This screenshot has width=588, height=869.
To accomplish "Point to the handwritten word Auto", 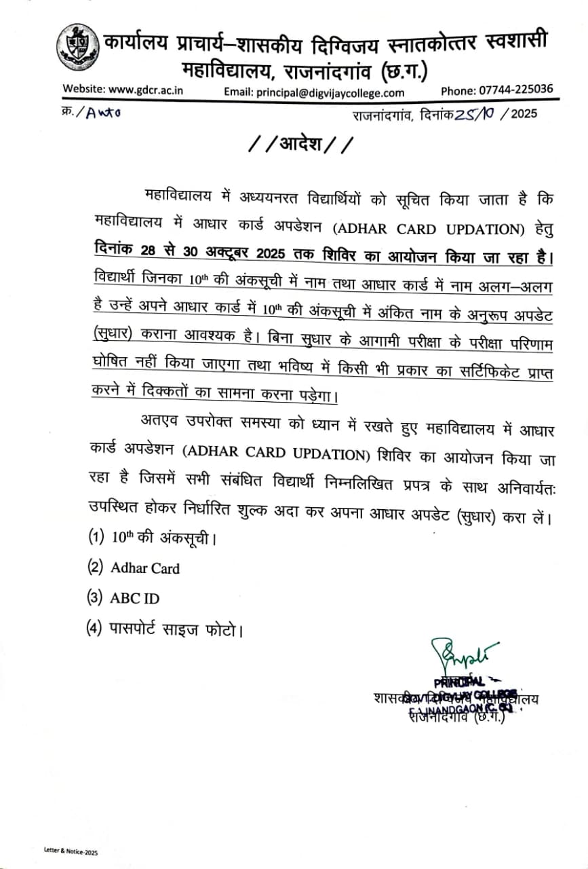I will tap(102, 114).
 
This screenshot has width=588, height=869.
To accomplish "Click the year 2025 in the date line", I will tap(523, 114).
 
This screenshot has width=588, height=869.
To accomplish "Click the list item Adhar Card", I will tap(145, 568).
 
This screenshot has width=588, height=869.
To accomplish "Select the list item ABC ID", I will tap(135, 598).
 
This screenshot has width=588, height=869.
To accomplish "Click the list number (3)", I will tap(97, 598).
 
